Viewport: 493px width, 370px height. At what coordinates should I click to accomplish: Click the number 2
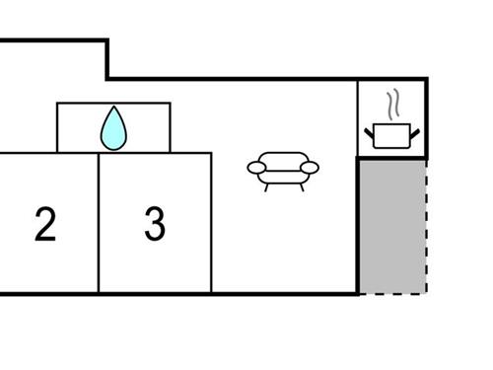[44, 225]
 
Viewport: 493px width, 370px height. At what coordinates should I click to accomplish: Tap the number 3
[154, 225]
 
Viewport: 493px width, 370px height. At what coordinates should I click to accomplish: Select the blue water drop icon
[114, 129]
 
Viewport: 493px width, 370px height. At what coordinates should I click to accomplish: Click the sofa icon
[283, 169]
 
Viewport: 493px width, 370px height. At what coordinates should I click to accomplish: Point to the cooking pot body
[391, 137]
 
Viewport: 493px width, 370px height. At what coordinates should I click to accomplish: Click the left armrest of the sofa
[256, 170]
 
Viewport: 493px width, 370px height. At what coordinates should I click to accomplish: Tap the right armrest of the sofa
[310, 170]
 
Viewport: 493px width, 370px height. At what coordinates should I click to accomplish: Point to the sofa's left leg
[269, 185]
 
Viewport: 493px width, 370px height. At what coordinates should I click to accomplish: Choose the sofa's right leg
[297, 185]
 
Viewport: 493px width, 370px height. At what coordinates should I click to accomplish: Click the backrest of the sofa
[283, 158]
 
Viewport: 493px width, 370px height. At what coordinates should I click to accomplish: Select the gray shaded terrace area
[391, 225]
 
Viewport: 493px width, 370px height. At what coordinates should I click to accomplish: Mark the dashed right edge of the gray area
[426, 225]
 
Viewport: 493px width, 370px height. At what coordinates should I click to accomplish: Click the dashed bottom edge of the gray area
[392, 292]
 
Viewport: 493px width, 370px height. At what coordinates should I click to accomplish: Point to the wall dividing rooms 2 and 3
[99, 225]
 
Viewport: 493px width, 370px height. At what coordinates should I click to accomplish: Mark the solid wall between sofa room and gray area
[358, 225]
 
